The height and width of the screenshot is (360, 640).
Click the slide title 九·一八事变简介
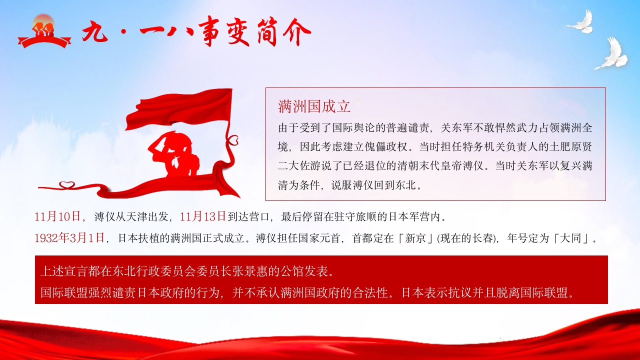[x=196, y=31]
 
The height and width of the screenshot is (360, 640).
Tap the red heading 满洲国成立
[x=314, y=106]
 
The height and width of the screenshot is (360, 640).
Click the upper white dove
[x=580, y=22]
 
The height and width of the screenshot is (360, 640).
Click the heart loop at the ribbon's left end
[x=67, y=185]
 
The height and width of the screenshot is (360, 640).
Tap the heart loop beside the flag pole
[x=232, y=140]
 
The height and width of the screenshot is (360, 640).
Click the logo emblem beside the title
[x=44, y=31]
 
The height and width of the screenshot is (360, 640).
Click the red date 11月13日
[x=203, y=216]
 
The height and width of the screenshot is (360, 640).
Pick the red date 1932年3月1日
[x=69, y=237]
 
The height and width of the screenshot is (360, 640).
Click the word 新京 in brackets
[x=415, y=238]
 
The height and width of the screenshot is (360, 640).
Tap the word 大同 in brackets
[x=570, y=238]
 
